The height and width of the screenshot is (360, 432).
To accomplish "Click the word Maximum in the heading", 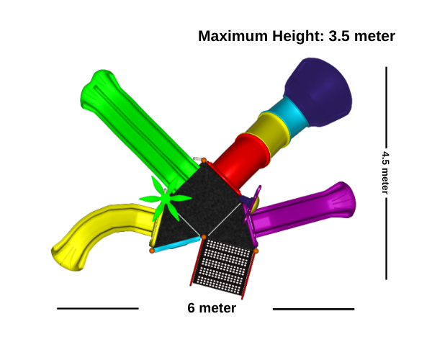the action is point(233,36).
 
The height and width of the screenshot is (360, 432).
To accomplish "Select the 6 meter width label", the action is point(212,308).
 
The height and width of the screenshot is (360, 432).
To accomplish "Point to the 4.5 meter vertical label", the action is point(385,172).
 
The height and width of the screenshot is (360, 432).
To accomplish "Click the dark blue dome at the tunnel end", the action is point(318,92).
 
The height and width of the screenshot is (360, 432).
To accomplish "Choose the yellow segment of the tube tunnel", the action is point(269,134).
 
